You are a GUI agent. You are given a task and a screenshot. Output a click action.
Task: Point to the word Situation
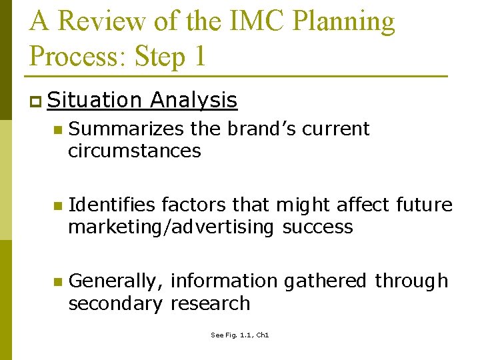[x=95, y=100]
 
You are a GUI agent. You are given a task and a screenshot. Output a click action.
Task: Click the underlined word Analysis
[x=193, y=100]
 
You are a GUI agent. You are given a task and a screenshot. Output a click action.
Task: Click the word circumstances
[x=134, y=151]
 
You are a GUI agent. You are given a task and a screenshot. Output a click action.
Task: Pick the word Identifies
[x=111, y=205]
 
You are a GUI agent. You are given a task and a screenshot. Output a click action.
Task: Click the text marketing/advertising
[x=171, y=227]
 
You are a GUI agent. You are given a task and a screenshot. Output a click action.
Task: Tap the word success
[x=317, y=227]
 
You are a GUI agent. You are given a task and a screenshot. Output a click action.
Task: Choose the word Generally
[x=116, y=281]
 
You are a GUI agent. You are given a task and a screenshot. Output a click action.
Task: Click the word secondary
[x=115, y=303]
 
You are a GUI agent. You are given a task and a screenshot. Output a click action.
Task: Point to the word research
[x=210, y=303]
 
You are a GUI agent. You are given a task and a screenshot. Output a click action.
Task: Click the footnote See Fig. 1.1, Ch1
[x=239, y=335]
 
